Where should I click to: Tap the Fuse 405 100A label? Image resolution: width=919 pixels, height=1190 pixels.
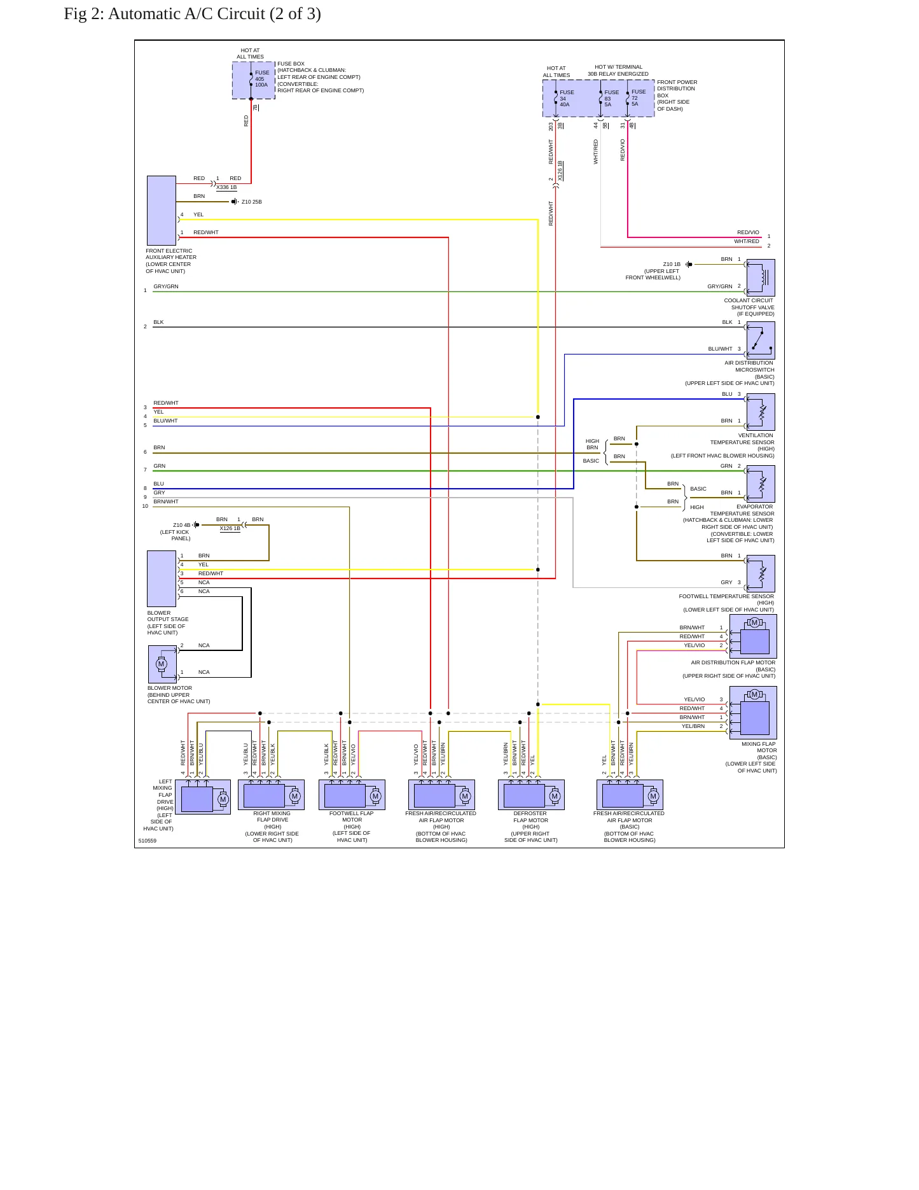(x=262, y=79)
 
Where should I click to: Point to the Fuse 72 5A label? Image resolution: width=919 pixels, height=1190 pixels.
(x=639, y=98)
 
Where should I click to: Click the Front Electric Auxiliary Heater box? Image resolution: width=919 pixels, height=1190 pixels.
(x=162, y=211)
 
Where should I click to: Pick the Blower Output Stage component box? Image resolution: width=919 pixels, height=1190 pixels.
(x=162, y=578)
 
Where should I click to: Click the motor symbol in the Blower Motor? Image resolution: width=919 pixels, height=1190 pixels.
(x=161, y=664)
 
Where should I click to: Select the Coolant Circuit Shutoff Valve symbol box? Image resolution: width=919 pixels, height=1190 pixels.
(x=761, y=277)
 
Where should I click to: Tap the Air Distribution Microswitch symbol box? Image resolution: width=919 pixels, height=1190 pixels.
(x=761, y=340)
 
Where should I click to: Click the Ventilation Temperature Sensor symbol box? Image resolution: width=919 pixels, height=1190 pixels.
(x=761, y=412)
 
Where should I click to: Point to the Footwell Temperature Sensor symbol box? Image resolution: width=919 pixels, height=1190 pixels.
(x=761, y=573)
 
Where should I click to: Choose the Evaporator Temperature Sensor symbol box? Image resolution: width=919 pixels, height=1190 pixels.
(x=761, y=484)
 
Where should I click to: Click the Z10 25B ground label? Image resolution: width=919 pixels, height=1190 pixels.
(x=252, y=202)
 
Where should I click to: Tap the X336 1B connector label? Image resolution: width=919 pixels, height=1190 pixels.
(x=226, y=188)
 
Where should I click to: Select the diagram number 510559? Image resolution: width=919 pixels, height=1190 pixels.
(x=148, y=841)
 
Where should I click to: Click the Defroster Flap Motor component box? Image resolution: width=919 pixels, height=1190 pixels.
(x=531, y=795)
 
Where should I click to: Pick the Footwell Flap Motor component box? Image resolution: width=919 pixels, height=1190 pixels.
(x=352, y=795)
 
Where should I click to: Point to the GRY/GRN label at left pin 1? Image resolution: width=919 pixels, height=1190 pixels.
(x=166, y=286)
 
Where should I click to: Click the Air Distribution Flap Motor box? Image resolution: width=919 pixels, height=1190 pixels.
(x=753, y=636)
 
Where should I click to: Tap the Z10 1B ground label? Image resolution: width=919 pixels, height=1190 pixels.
(x=672, y=264)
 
